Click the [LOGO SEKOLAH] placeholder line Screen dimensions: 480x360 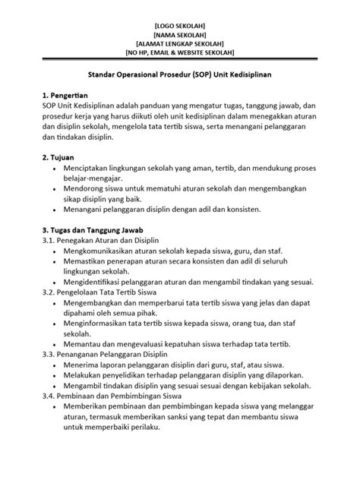tap(180, 24)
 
